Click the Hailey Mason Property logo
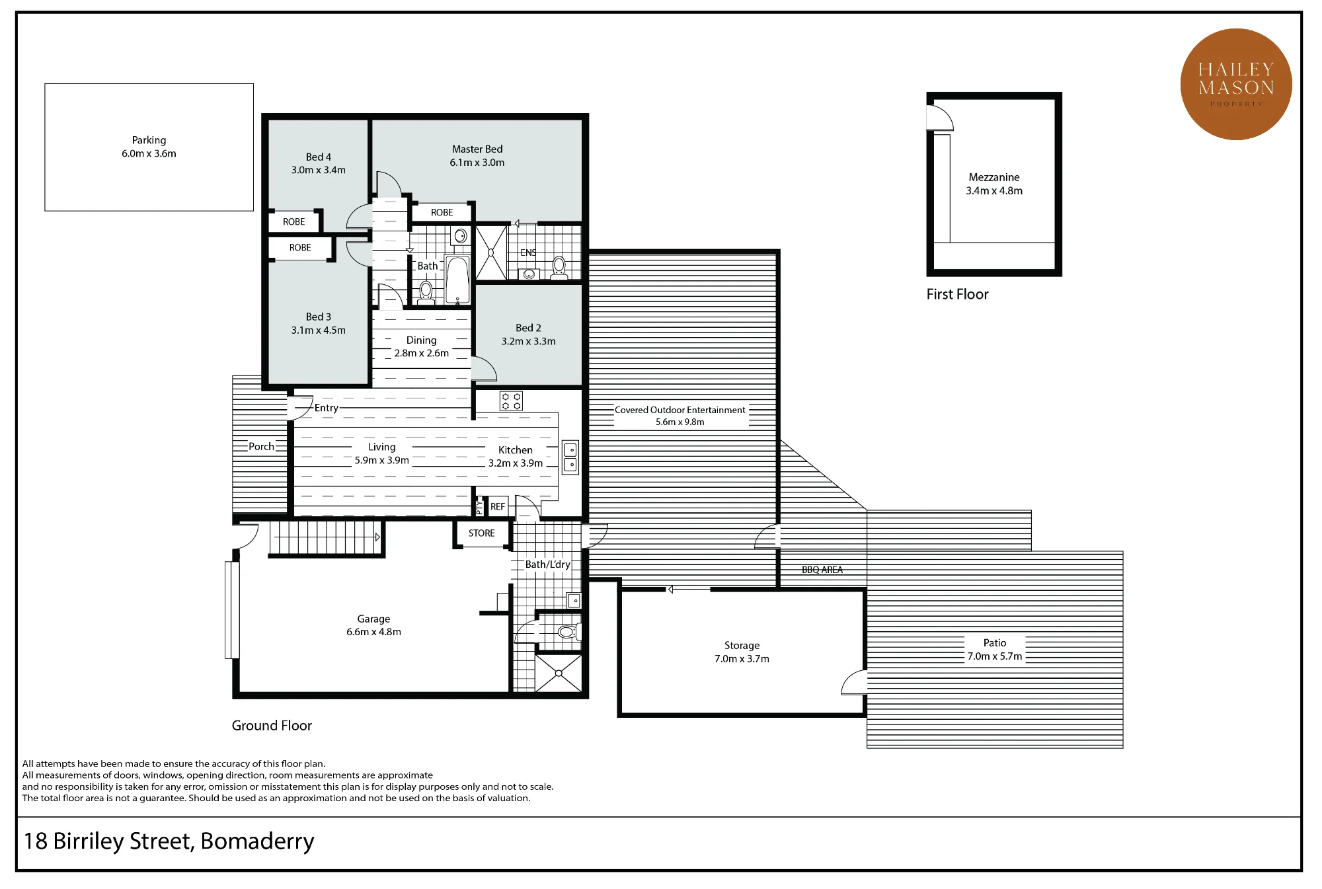pos(1235,84)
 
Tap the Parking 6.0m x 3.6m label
pos(149,147)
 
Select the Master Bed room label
pos(477,149)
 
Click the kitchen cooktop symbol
pos(511,401)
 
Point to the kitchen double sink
pos(570,457)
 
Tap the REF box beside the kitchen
pos(497,506)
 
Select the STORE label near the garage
pos(481,533)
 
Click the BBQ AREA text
pos(822,570)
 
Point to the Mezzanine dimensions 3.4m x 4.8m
pos(994,191)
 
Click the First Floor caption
pos(957,294)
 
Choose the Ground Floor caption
pos(272,725)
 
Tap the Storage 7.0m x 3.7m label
pos(742,652)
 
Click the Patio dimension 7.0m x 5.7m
pos(995,656)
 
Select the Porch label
pos(261,447)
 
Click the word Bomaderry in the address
pos(257,841)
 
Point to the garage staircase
pos(326,538)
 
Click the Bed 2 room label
pos(528,328)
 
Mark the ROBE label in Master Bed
pos(442,212)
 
